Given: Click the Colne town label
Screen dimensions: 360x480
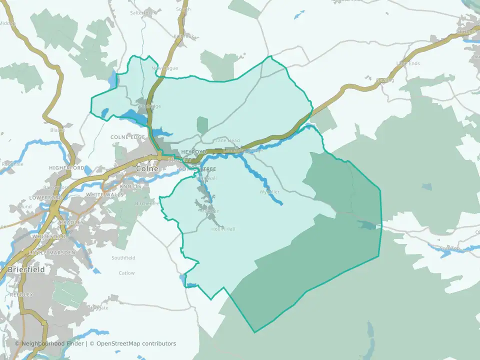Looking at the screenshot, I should (147, 169).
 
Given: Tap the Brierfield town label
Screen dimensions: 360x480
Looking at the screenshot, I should (26, 269).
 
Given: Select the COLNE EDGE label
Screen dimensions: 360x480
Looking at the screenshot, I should (127, 137).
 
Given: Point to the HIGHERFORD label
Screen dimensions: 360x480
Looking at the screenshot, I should (67, 168).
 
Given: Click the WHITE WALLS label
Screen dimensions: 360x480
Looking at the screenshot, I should (104, 194).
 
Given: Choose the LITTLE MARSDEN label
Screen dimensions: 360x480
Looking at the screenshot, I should (53, 253).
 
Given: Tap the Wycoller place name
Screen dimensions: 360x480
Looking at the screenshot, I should (269, 192).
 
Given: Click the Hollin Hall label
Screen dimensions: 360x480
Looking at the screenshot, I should (223, 229).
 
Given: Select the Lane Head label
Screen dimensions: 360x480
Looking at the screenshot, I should (227, 141).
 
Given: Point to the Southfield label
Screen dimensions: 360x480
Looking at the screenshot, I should (123, 258).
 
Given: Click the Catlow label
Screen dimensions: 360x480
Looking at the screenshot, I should (126, 273).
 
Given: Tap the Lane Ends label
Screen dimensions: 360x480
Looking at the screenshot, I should (408, 63).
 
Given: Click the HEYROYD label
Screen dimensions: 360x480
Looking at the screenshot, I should (193, 151).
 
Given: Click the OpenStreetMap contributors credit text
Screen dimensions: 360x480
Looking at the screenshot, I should (136, 343).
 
